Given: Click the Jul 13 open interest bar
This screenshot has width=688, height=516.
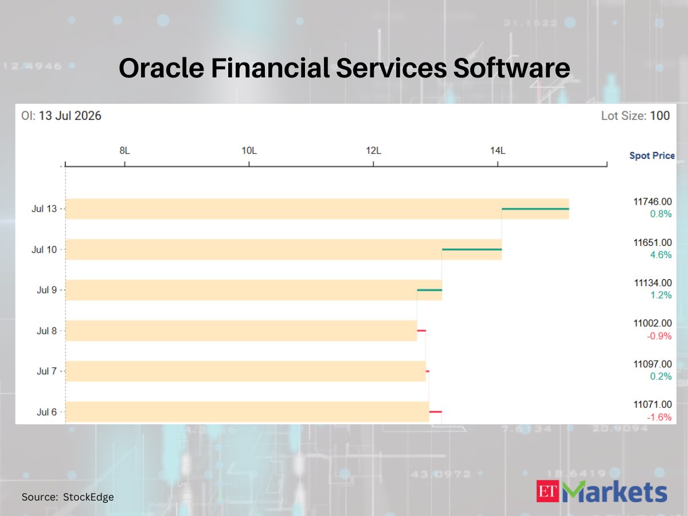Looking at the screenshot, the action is [x=317, y=209].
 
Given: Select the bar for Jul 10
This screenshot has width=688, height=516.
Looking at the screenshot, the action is [x=284, y=249].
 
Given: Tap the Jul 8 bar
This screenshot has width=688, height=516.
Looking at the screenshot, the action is [x=241, y=331].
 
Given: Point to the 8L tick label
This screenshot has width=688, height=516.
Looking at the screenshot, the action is [x=124, y=151].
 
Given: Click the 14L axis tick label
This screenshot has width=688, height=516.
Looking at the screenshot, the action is [x=498, y=151].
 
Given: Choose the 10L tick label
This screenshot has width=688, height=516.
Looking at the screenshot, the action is [x=249, y=151].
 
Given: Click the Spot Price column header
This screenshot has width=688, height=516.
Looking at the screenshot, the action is [x=652, y=155].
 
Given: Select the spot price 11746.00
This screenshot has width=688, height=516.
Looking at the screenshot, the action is [x=652, y=202].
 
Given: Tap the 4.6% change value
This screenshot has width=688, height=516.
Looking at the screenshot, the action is [x=660, y=255].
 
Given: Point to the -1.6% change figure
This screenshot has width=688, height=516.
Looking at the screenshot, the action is [x=659, y=417].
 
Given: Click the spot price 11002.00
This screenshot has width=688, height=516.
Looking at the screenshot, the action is [x=652, y=323].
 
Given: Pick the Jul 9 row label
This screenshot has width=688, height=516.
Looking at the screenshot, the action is [x=46, y=290].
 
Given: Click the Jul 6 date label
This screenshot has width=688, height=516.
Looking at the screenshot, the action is [x=46, y=412].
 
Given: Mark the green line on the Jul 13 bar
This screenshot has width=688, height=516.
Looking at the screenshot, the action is [x=535, y=209].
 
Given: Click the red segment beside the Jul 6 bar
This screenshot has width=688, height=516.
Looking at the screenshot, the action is [x=436, y=412].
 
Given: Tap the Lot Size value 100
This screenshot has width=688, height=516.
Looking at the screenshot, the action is [x=660, y=116].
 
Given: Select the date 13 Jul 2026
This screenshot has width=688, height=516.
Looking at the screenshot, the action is [x=70, y=116].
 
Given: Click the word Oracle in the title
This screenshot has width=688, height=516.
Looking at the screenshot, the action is [x=162, y=68].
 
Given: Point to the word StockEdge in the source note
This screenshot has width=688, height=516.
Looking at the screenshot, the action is [x=88, y=497].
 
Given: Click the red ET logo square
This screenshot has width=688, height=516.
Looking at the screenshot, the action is [x=548, y=491].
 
